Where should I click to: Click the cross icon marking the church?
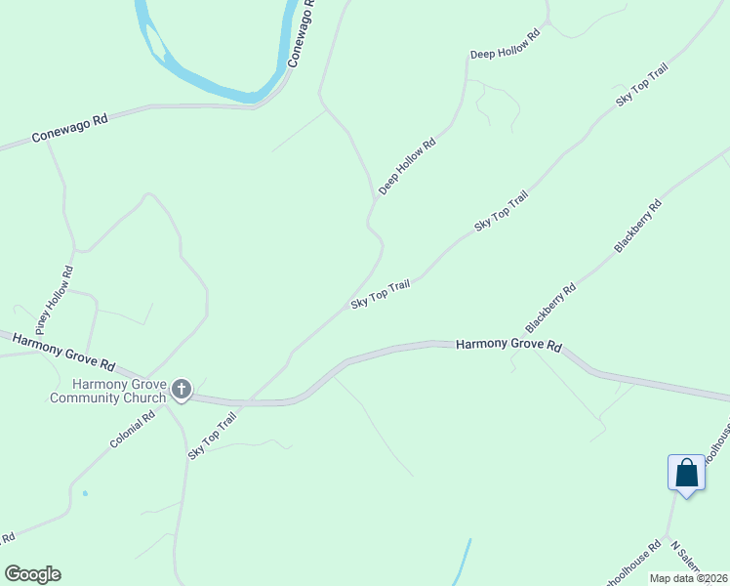click(x=182, y=390)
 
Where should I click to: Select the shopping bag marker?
click(x=687, y=474)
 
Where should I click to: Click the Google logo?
click(x=32, y=574)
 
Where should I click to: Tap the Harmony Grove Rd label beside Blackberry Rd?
click(x=510, y=345)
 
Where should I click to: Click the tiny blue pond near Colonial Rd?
click(x=85, y=493)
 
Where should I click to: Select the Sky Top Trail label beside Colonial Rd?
click(x=213, y=435)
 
